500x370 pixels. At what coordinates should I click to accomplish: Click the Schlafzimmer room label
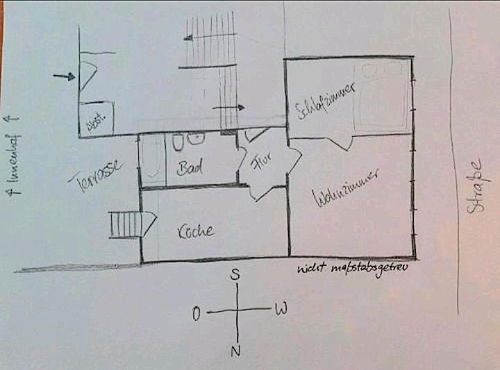pyautogui.click(x=326, y=103)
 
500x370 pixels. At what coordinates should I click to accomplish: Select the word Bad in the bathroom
pyautogui.click(x=190, y=169)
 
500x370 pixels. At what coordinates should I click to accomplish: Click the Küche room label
pyautogui.click(x=194, y=230)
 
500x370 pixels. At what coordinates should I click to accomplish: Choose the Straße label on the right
pyautogui.click(x=474, y=187)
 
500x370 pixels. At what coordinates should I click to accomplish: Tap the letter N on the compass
pyautogui.click(x=235, y=351)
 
